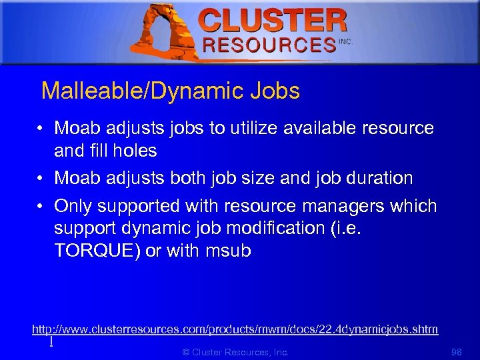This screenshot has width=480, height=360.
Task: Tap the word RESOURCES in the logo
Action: tap(269, 45)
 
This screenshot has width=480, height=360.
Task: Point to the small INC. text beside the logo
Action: tap(345, 41)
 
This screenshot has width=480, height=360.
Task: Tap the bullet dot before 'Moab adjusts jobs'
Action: tap(41, 128)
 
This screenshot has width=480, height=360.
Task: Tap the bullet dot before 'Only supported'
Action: tap(41, 206)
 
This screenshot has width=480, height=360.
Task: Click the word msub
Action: tap(228, 251)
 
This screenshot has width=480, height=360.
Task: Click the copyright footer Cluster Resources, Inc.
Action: tap(235, 352)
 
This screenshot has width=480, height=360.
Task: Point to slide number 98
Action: tap(457, 352)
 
